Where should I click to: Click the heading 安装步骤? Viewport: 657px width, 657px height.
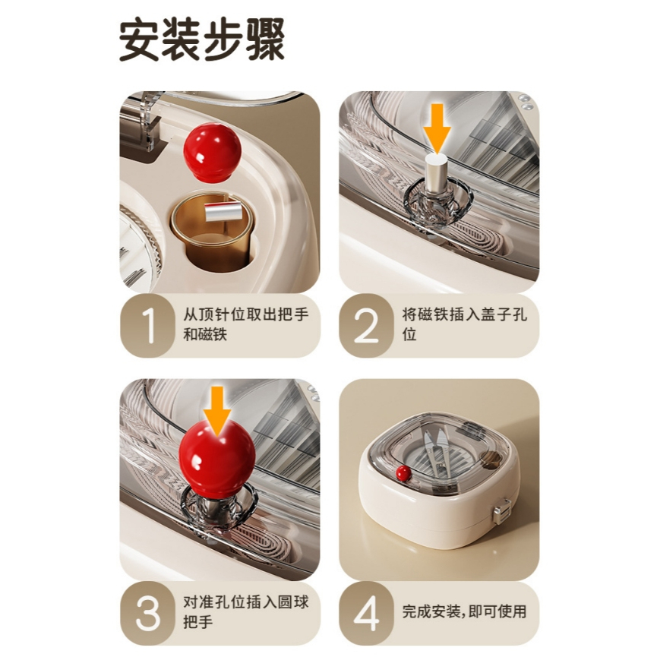coord(202,39)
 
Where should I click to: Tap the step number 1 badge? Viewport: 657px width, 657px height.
coord(147,326)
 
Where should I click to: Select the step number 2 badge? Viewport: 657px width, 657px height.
coord(366,326)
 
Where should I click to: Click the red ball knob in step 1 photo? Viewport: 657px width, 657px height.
coord(213,153)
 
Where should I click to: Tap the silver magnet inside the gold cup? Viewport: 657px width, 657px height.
coord(222,211)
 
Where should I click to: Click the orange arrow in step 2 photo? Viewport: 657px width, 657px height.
coord(437,128)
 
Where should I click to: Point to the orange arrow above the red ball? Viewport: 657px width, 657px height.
coord(217,411)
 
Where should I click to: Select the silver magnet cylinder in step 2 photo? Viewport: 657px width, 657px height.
coord(437,172)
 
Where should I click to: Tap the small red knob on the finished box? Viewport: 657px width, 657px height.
coord(403,473)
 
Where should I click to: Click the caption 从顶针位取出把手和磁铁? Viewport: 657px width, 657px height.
coord(246,324)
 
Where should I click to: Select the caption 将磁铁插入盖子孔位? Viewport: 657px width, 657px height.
coord(465,324)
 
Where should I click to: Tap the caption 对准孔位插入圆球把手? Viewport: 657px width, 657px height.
coord(246,611)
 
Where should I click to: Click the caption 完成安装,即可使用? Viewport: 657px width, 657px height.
coord(464,611)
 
